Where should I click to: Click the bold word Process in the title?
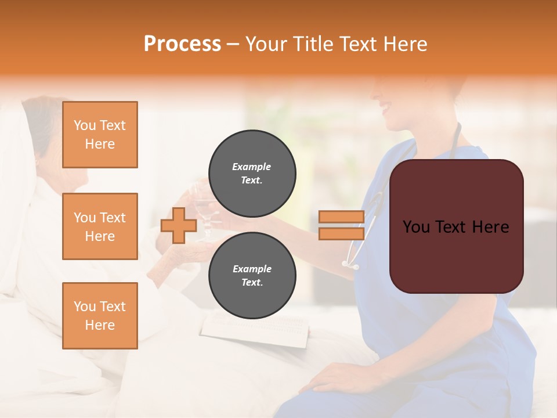tap(182, 44)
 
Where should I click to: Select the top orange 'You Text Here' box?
tap(100, 135)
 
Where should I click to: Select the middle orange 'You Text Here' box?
tap(100, 226)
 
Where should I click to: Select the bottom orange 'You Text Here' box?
tap(100, 315)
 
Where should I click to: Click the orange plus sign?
tap(178, 225)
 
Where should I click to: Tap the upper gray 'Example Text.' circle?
tap(252, 173)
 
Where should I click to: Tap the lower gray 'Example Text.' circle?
tap(252, 276)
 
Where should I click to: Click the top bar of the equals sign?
tap(341, 217)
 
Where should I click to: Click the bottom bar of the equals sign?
tap(341, 233)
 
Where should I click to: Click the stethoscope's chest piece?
tap(351, 265)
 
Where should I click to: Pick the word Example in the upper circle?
tap(252, 167)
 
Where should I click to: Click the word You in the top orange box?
tap(85, 125)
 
